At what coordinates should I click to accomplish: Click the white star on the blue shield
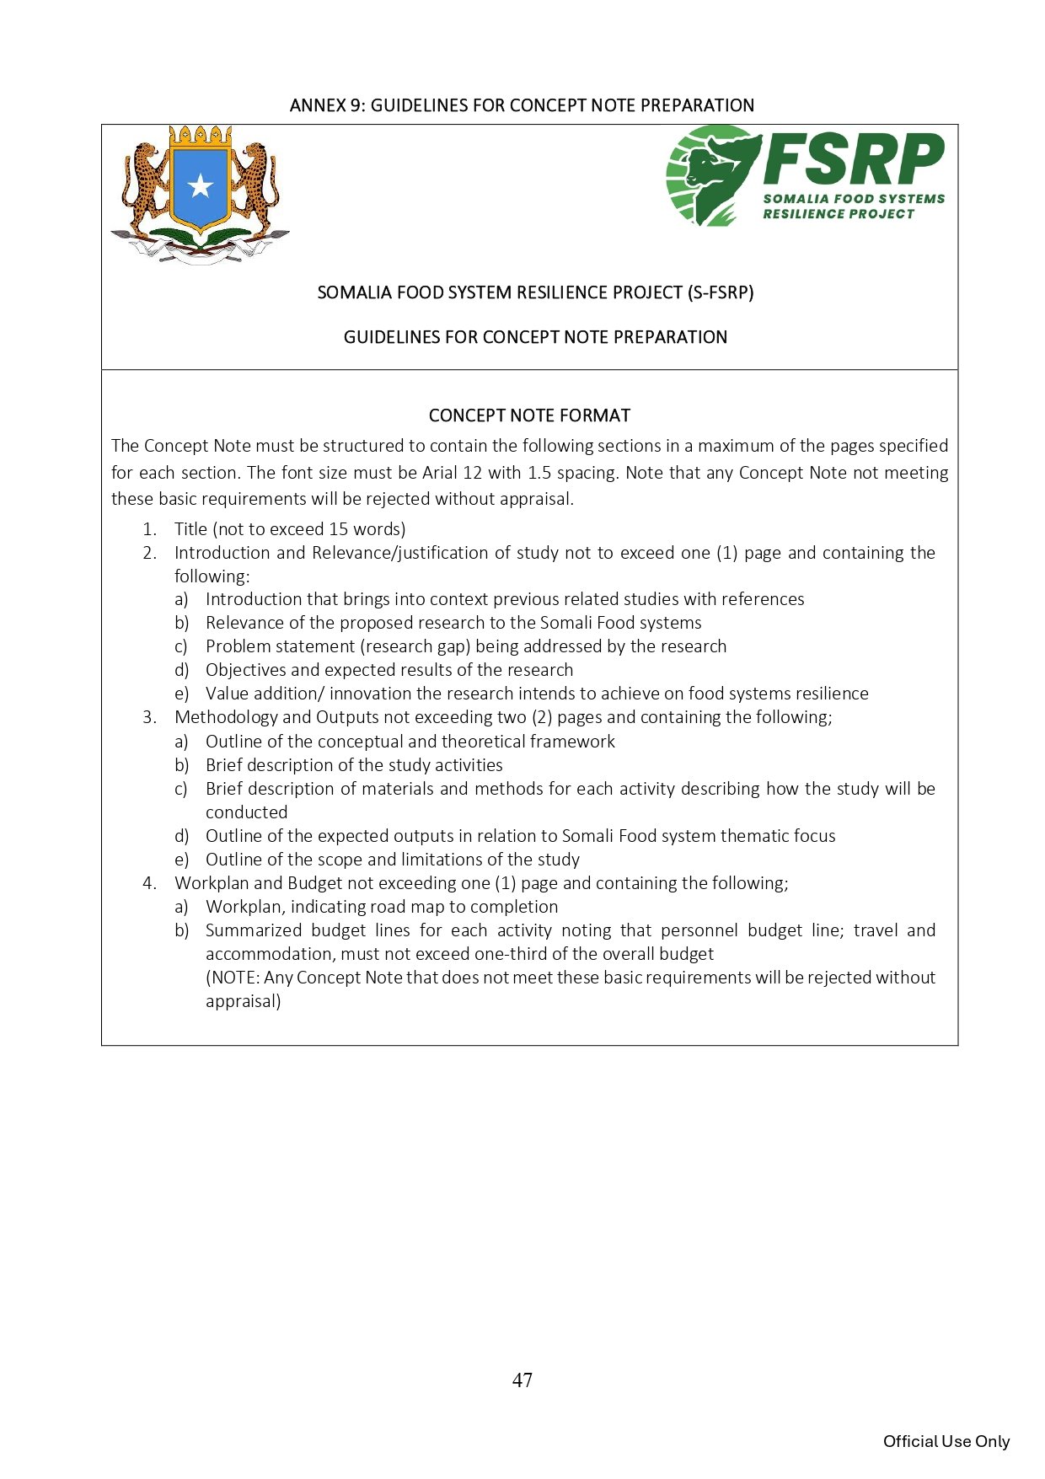[x=200, y=185]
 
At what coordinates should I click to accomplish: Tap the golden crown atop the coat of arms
[x=200, y=136]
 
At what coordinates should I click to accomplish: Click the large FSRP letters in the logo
[x=853, y=159]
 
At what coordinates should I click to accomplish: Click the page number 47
[x=522, y=1380]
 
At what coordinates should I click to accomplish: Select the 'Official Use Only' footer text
[x=946, y=1441]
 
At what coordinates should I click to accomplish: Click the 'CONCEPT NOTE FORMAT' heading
[x=529, y=415]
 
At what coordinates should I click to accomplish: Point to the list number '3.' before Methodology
[x=150, y=717]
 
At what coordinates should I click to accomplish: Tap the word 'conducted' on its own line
[x=246, y=812]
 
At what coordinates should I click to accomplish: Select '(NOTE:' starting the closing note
[x=233, y=978]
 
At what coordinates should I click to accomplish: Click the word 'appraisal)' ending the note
[x=243, y=1001]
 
